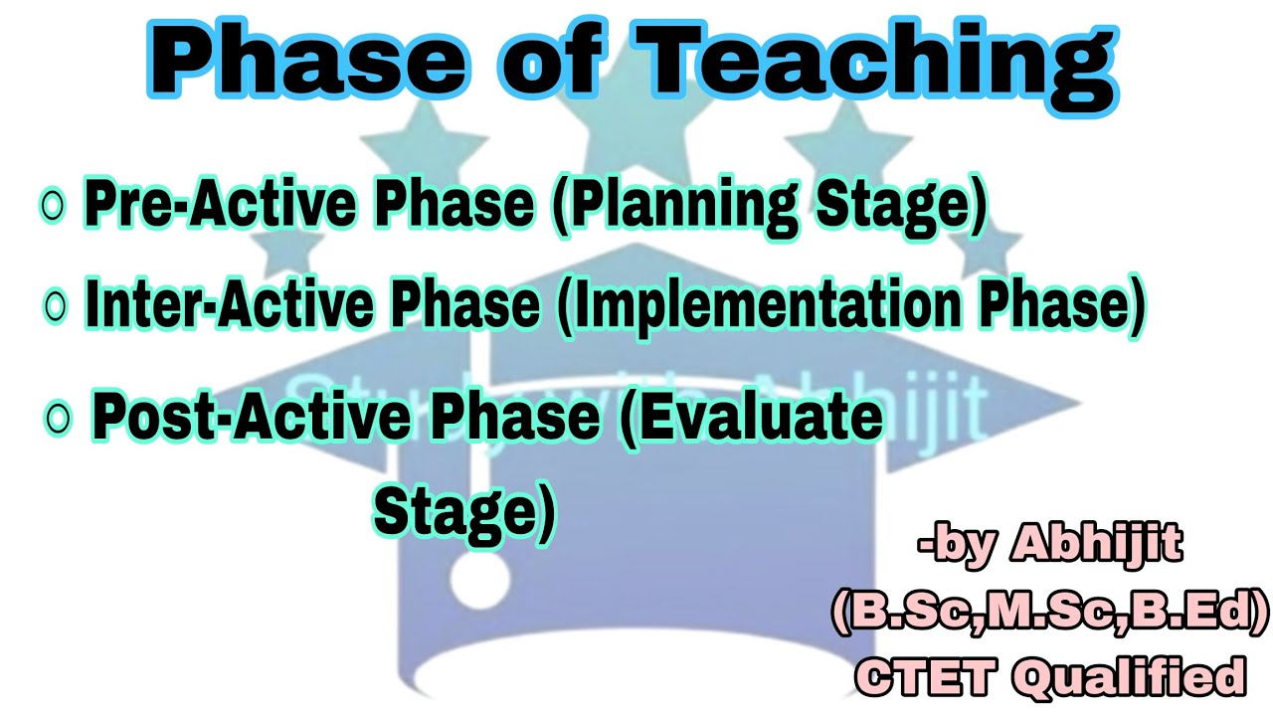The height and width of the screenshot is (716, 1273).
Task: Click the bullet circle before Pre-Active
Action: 52,206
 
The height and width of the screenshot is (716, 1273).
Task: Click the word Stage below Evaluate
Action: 463,511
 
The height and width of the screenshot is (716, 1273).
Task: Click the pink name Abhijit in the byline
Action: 1096,545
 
